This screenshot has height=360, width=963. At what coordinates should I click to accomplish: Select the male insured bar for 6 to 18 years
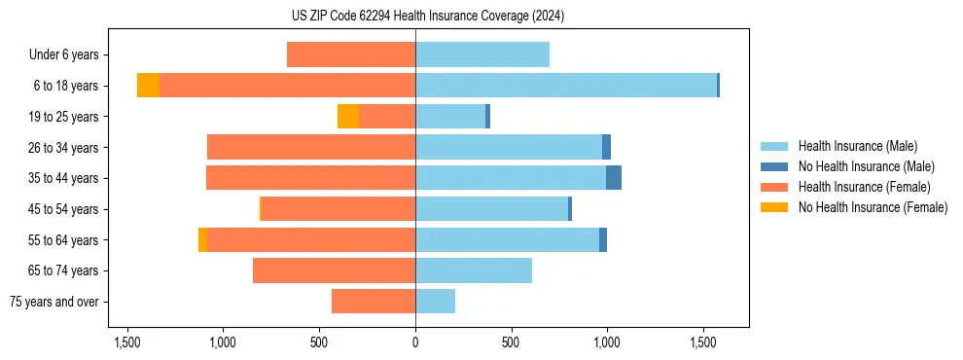[566, 86]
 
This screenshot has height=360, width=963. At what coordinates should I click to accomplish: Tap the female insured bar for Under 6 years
[351, 54]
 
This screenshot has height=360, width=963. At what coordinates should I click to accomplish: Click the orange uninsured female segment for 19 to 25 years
[348, 117]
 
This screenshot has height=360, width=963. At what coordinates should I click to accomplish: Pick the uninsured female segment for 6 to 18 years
[148, 86]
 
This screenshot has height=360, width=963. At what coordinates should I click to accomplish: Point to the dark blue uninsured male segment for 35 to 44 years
[614, 178]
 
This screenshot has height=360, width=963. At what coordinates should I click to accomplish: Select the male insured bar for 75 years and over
[435, 302]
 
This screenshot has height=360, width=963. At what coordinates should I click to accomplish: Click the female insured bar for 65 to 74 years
[334, 270]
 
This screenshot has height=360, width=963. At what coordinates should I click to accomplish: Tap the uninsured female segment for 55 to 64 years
[202, 239]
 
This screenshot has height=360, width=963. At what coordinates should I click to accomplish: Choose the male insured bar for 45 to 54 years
[491, 209]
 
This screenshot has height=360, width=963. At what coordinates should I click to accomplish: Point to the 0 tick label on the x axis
[415, 342]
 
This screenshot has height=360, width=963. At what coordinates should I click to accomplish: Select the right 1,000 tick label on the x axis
[607, 342]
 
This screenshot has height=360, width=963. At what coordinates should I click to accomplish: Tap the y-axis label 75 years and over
[54, 302]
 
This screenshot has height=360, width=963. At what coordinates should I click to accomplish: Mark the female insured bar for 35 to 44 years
[310, 178]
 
